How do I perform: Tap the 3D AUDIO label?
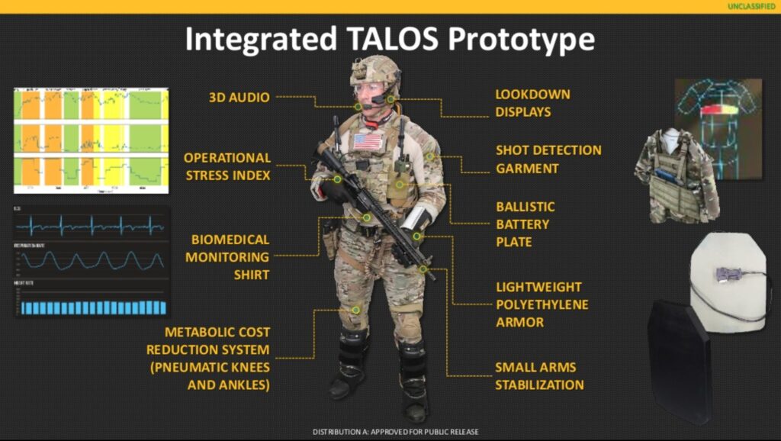coord(239,98)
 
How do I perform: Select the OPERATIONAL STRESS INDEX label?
coord(227,166)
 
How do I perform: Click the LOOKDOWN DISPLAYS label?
coord(532,103)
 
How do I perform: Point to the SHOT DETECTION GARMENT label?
coord(548,159)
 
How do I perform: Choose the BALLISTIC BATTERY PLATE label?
coord(525,224)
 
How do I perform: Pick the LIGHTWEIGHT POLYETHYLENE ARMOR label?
coord(539,304)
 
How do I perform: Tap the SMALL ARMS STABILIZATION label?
coord(539,375)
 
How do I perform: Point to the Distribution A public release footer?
coord(395,433)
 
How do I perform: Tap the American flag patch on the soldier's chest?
coord(367,141)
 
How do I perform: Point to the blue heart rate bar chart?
coord(92,307)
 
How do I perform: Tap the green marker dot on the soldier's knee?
coord(356,310)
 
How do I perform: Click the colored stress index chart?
coord(91,141)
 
